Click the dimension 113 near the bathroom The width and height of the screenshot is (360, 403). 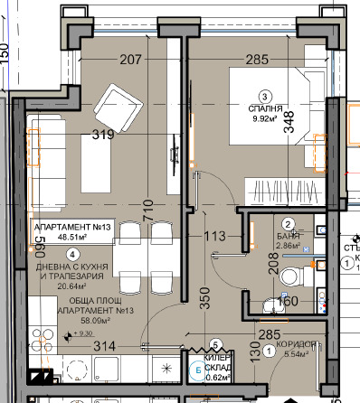(x=213, y=238)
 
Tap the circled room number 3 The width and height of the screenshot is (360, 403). (x=265, y=98)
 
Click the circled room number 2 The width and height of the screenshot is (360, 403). (x=289, y=224)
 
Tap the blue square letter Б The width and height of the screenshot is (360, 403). (x=199, y=367)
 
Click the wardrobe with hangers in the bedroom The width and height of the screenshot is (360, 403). (x=283, y=192)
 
